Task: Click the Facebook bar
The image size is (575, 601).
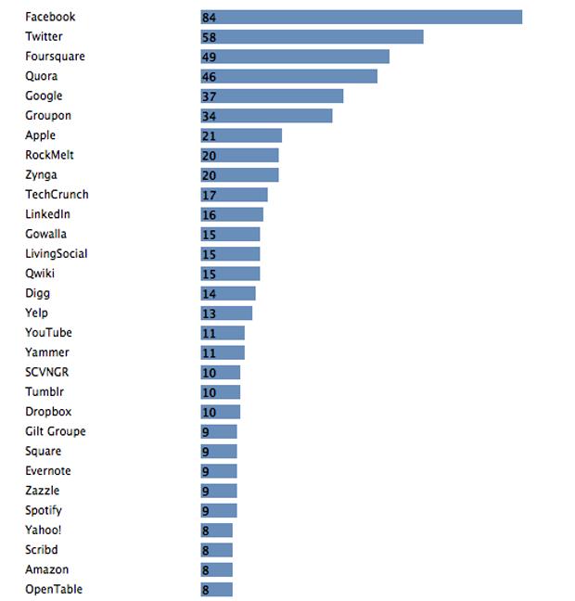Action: (361, 18)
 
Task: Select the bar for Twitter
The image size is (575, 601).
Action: (312, 37)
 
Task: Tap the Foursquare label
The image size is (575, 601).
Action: (56, 57)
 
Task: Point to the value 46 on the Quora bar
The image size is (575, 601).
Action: (209, 77)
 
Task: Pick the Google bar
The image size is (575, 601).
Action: (272, 96)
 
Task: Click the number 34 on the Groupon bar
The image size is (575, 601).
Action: (209, 116)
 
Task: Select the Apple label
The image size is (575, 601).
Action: (40, 135)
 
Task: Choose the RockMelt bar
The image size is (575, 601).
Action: (239, 155)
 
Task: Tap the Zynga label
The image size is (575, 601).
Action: (41, 175)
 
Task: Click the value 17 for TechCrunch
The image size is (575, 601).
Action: (209, 195)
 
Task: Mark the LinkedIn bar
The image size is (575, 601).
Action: (232, 214)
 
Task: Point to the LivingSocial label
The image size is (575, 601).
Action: (57, 254)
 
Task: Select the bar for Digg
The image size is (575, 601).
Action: (228, 294)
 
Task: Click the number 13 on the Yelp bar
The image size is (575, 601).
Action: (209, 313)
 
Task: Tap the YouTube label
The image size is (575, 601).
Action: (48, 332)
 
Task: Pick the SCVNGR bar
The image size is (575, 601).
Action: (221, 373)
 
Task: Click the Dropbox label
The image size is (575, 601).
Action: (48, 412)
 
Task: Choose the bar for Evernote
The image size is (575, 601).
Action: (219, 471)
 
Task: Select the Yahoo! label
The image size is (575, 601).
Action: (43, 531)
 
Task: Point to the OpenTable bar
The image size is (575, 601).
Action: (216, 590)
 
